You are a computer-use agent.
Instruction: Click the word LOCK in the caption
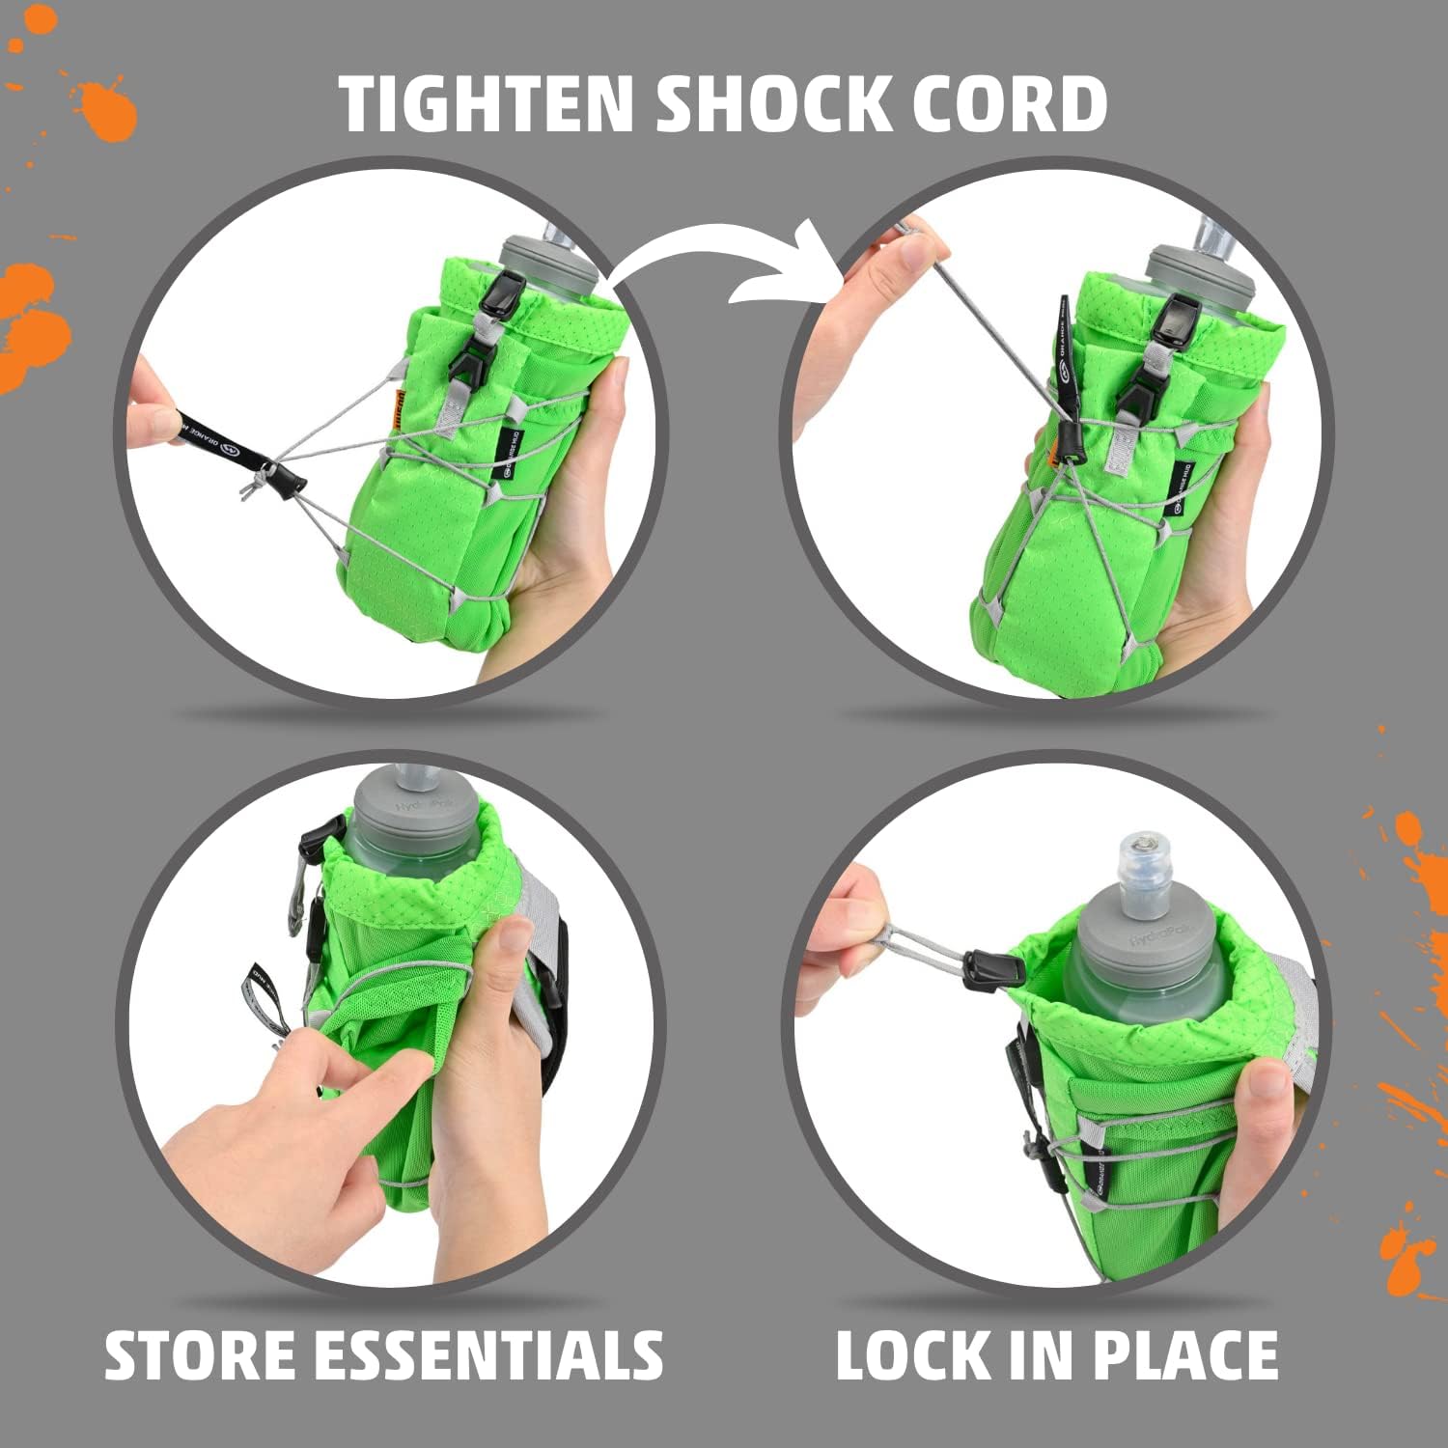coord(912,1355)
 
